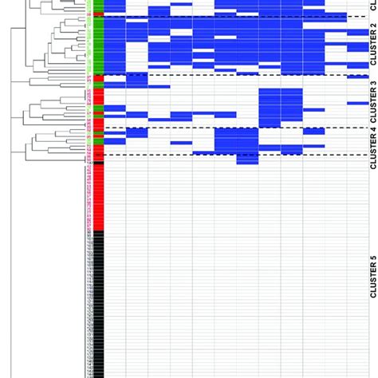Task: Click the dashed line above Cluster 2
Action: [x=231, y=17]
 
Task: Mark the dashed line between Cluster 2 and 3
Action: [x=231, y=76]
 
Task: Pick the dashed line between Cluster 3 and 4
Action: [x=231, y=128]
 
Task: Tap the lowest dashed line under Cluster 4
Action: [x=231, y=155]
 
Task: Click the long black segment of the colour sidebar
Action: [x=98, y=303]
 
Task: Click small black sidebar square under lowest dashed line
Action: [x=98, y=158]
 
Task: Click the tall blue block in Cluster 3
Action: [x=280, y=104]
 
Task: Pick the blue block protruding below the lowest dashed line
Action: [x=247, y=159]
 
